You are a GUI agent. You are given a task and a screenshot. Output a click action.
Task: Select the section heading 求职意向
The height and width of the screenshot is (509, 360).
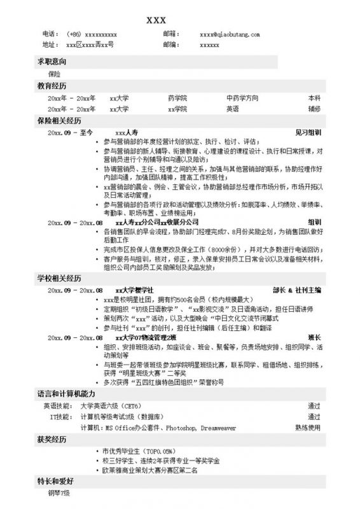[x=52, y=62]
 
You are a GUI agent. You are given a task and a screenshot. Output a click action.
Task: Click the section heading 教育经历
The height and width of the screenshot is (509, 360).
[x=52, y=85]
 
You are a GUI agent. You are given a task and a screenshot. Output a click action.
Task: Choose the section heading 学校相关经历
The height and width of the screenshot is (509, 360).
[x=60, y=278]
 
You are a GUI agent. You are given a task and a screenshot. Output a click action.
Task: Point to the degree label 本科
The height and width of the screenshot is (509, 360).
[x=314, y=99]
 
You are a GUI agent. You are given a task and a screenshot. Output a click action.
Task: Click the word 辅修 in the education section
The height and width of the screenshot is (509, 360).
[x=314, y=109]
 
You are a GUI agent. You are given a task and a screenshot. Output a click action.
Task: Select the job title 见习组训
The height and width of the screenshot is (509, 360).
[x=308, y=131]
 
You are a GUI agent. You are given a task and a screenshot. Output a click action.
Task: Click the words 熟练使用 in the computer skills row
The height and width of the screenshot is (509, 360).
[x=308, y=428]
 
